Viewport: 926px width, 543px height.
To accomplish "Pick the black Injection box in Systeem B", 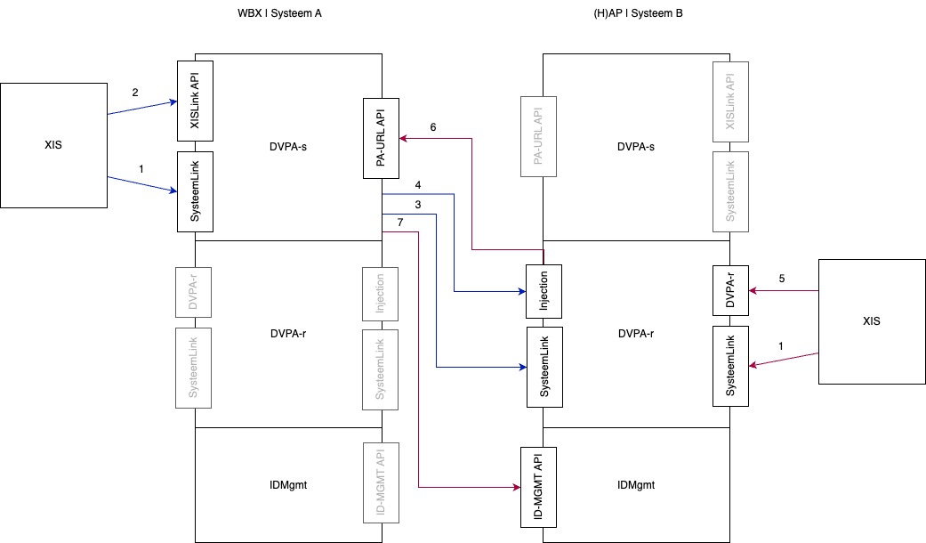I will tap(544, 291).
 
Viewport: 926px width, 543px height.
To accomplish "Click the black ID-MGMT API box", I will tap(538, 487).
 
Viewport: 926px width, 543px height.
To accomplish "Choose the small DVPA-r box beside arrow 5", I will tap(730, 290).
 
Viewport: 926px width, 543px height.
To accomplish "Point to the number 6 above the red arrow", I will tap(433, 127).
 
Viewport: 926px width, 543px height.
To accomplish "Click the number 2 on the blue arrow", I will tap(135, 92).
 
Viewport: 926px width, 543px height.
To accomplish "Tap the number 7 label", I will tap(400, 222).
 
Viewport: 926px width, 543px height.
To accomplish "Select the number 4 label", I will tap(418, 185).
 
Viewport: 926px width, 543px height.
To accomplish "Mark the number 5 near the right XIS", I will tap(782, 279).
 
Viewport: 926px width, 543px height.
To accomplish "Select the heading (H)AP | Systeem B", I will tap(637, 14).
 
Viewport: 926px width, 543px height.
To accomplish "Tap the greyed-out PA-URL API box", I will tap(538, 138).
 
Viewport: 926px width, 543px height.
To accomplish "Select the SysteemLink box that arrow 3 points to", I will tap(544, 367).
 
